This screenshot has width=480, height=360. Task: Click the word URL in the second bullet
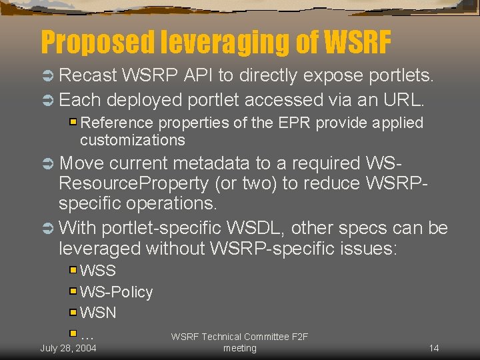(x=400, y=100)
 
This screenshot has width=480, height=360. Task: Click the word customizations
(x=132, y=140)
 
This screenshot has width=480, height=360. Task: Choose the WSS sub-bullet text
(x=97, y=271)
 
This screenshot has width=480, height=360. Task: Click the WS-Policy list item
(x=116, y=292)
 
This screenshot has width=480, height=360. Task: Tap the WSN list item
(x=98, y=312)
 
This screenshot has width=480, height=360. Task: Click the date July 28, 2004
(x=68, y=348)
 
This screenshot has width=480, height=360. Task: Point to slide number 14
(x=433, y=348)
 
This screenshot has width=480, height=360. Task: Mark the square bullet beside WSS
(x=73, y=270)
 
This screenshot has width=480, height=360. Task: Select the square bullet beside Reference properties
(x=73, y=123)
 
